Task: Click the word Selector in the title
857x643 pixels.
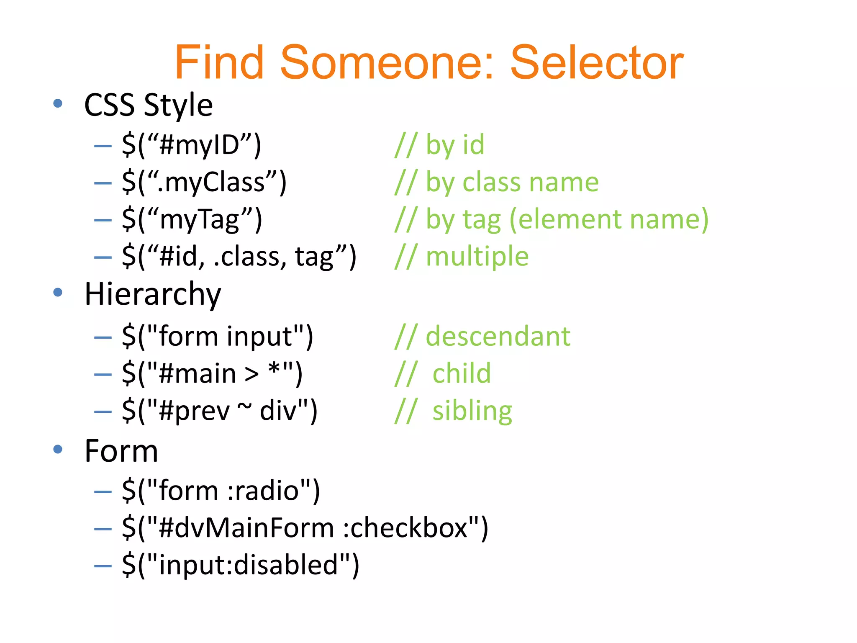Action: [597, 63]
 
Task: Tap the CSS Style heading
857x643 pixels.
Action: [149, 105]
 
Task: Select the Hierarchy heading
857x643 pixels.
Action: [152, 294]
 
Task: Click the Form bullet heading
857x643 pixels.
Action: [121, 451]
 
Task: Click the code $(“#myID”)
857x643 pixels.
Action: [192, 145]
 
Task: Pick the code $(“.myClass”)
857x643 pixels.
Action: [204, 182]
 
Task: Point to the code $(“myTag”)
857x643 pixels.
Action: [192, 219]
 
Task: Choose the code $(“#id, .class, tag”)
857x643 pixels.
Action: [239, 256]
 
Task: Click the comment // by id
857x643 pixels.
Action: [439, 145]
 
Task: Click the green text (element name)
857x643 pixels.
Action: [609, 219]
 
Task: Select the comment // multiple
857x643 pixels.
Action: [462, 256]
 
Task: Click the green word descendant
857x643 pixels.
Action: [498, 336]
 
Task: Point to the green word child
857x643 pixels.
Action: [462, 373]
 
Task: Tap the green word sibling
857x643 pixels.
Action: [472, 411]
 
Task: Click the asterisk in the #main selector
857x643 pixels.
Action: [274, 370]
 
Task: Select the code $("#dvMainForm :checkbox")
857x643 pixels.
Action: [305, 527]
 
